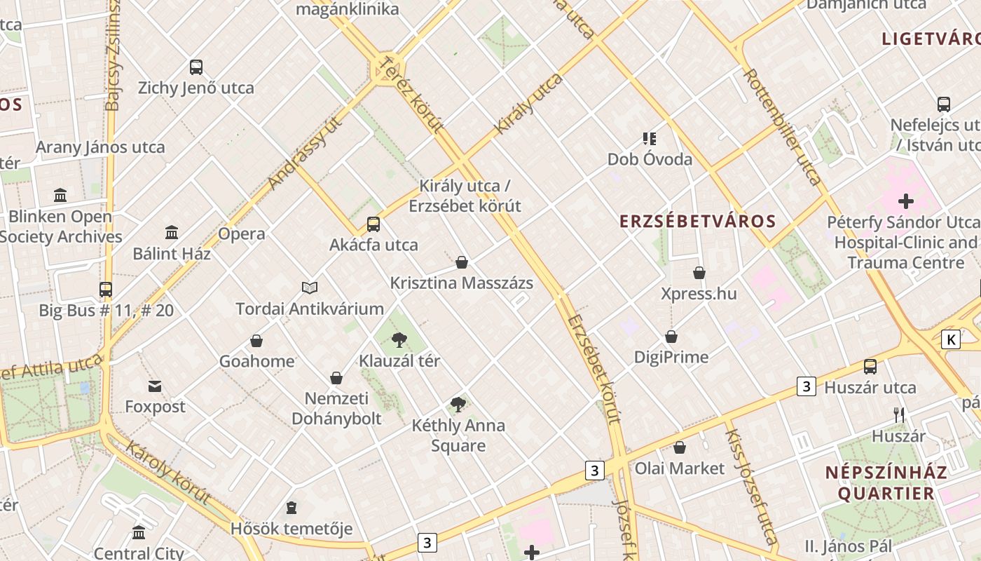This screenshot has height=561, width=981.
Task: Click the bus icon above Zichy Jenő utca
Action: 196,67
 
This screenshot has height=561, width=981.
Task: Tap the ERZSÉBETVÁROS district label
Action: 698,222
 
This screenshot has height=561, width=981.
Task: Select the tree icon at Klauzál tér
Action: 399,340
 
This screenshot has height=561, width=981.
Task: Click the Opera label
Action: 242,234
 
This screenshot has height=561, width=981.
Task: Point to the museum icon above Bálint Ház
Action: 172,232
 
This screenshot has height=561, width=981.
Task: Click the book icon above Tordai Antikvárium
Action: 310,288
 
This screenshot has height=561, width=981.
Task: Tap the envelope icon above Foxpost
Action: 155,386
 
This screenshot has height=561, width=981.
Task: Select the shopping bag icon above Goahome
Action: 256,341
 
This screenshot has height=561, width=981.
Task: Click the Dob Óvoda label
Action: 650,159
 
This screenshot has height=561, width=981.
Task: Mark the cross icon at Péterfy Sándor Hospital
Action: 906,201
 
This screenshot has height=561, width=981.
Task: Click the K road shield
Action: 951,339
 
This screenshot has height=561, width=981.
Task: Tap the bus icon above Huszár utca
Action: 870,366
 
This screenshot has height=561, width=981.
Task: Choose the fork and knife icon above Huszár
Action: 899,414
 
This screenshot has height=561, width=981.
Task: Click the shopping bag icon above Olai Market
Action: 680,447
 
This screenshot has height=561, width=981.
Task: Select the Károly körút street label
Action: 168,472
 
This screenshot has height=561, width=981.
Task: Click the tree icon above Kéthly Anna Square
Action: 458,404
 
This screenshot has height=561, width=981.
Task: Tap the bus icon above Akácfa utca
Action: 373,224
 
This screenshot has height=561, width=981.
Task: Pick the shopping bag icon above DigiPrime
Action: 671,337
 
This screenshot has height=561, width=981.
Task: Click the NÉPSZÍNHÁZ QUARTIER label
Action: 886,482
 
